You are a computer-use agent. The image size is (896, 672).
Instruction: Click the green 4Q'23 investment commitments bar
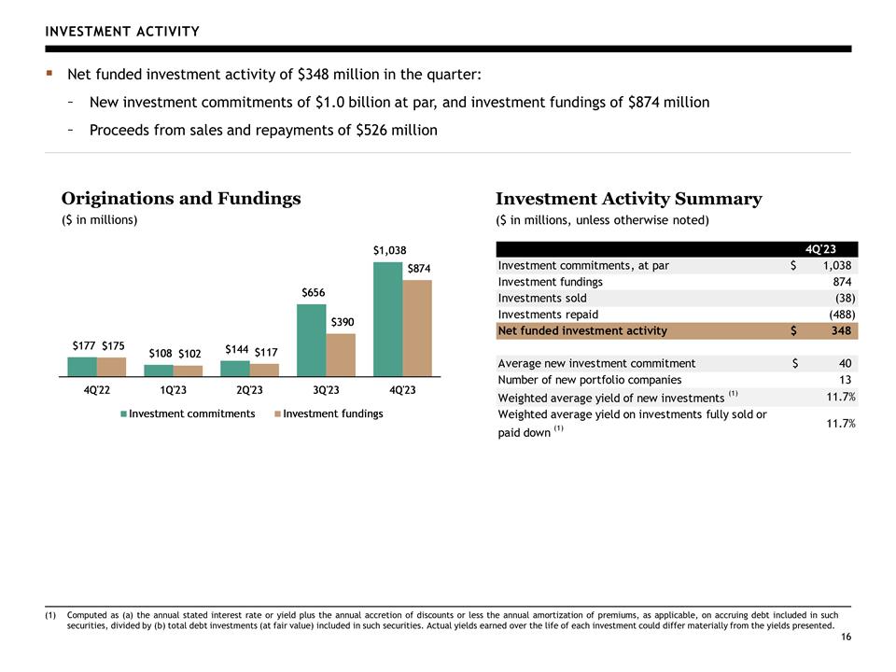tap(388, 319)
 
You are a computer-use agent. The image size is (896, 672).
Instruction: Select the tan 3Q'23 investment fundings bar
tap(341, 355)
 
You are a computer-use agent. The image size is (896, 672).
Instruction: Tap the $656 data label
tap(314, 292)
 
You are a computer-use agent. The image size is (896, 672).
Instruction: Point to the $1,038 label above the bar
tap(390, 250)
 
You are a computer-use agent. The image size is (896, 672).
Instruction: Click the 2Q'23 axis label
tap(250, 390)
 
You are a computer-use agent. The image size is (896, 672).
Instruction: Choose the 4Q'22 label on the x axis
tap(96, 390)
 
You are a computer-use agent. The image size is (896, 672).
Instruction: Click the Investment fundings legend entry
tap(329, 413)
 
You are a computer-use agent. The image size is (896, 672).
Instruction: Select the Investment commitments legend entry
tap(188, 413)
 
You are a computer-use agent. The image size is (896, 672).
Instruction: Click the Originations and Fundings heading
tap(181, 198)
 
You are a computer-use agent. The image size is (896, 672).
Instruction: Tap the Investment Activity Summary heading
tap(628, 198)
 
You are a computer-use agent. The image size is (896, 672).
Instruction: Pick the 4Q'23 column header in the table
tap(820, 249)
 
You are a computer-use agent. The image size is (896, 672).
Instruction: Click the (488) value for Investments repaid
tap(842, 315)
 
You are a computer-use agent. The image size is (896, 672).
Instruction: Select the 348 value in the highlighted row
tap(841, 330)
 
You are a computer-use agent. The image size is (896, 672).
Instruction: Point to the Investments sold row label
tap(542, 299)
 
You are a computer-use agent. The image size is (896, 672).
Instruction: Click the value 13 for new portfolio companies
tap(846, 380)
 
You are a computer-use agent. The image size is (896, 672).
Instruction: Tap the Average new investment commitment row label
tap(596, 363)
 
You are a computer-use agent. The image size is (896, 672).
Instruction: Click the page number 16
tap(846, 637)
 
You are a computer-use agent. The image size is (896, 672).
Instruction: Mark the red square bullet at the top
tap(49, 73)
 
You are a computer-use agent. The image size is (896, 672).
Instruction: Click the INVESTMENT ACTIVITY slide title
tap(122, 32)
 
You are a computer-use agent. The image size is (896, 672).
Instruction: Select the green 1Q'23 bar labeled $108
tap(159, 371)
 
